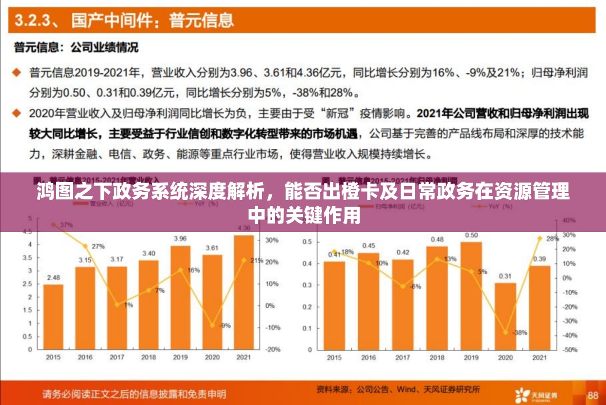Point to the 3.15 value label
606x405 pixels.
pyautogui.click(x=85, y=260)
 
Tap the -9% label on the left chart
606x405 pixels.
pyautogui.click(x=224, y=325)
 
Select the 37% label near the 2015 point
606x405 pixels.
pyautogui.click(x=66, y=225)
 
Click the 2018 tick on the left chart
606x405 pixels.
pyautogui.click(x=149, y=358)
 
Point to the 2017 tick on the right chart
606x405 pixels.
pyautogui.click(x=403, y=358)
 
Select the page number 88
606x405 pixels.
pyautogui.click(x=593, y=395)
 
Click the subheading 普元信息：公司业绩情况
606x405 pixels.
pyautogui.click(x=76, y=48)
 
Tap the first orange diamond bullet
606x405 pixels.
pyautogui.click(x=17, y=72)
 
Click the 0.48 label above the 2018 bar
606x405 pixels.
pyautogui.click(x=437, y=240)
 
